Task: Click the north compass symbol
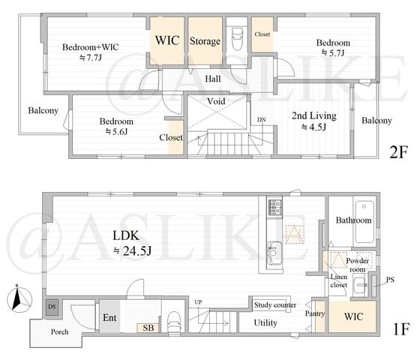(x=19, y=299)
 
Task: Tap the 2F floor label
(x=398, y=151)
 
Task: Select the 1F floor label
(x=400, y=329)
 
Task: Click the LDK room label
(x=126, y=235)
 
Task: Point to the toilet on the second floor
(x=237, y=39)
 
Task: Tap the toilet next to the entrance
(x=174, y=322)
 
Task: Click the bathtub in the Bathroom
(x=364, y=222)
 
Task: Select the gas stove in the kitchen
(x=275, y=208)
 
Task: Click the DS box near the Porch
(x=52, y=307)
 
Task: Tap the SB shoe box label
(x=148, y=328)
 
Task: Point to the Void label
(x=216, y=101)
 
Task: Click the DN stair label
(x=262, y=120)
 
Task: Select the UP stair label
(x=198, y=302)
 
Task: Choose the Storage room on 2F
(x=205, y=41)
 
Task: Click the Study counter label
(x=275, y=305)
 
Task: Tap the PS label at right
(x=390, y=280)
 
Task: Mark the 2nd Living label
(x=314, y=115)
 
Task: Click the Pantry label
(x=315, y=313)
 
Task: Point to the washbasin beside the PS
(x=359, y=286)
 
